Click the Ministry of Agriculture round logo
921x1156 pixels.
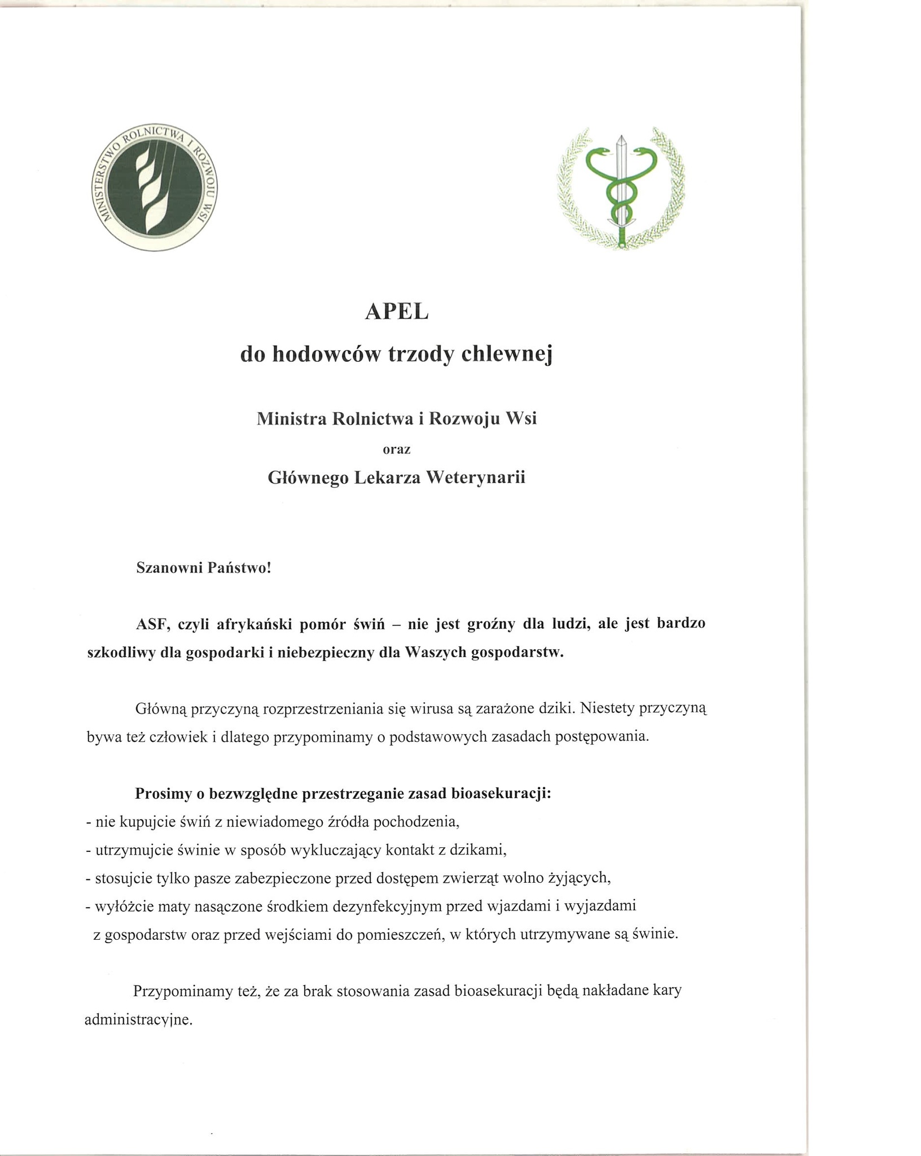(155, 187)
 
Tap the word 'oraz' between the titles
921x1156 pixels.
(397, 450)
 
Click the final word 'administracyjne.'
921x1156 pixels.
(139, 1021)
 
